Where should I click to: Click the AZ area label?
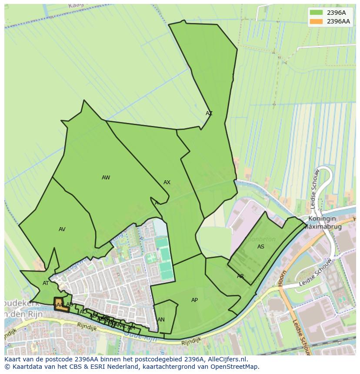pos(209,113)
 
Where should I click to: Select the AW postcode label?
pos(106,177)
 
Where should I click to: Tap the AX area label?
pos(167,182)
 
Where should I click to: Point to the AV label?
pos(62,229)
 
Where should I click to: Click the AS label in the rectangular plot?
pos(260,247)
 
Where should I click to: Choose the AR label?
pos(240,276)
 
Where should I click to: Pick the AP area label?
pos(194,300)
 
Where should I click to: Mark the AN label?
pos(161,320)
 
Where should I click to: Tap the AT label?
pos(46,283)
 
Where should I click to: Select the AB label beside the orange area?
pos(70,304)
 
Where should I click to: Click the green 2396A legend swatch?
pos(316,13)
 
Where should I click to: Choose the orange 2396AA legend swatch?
pos(316,21)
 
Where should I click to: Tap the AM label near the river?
pos(131,328)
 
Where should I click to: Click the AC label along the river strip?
pos(83,312)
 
